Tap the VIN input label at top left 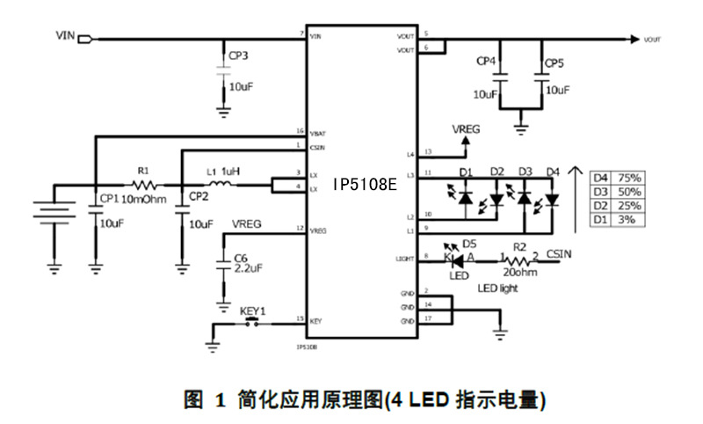point(65,37)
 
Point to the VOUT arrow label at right point(652,40)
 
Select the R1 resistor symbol point(144,185)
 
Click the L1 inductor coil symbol point(221,185)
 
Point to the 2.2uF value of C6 point(249,270)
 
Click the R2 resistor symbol point(519,259)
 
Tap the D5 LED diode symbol point(457,259)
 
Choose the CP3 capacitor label point(238,55)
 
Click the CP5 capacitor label point(554,63)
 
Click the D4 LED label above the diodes point(552,170)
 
